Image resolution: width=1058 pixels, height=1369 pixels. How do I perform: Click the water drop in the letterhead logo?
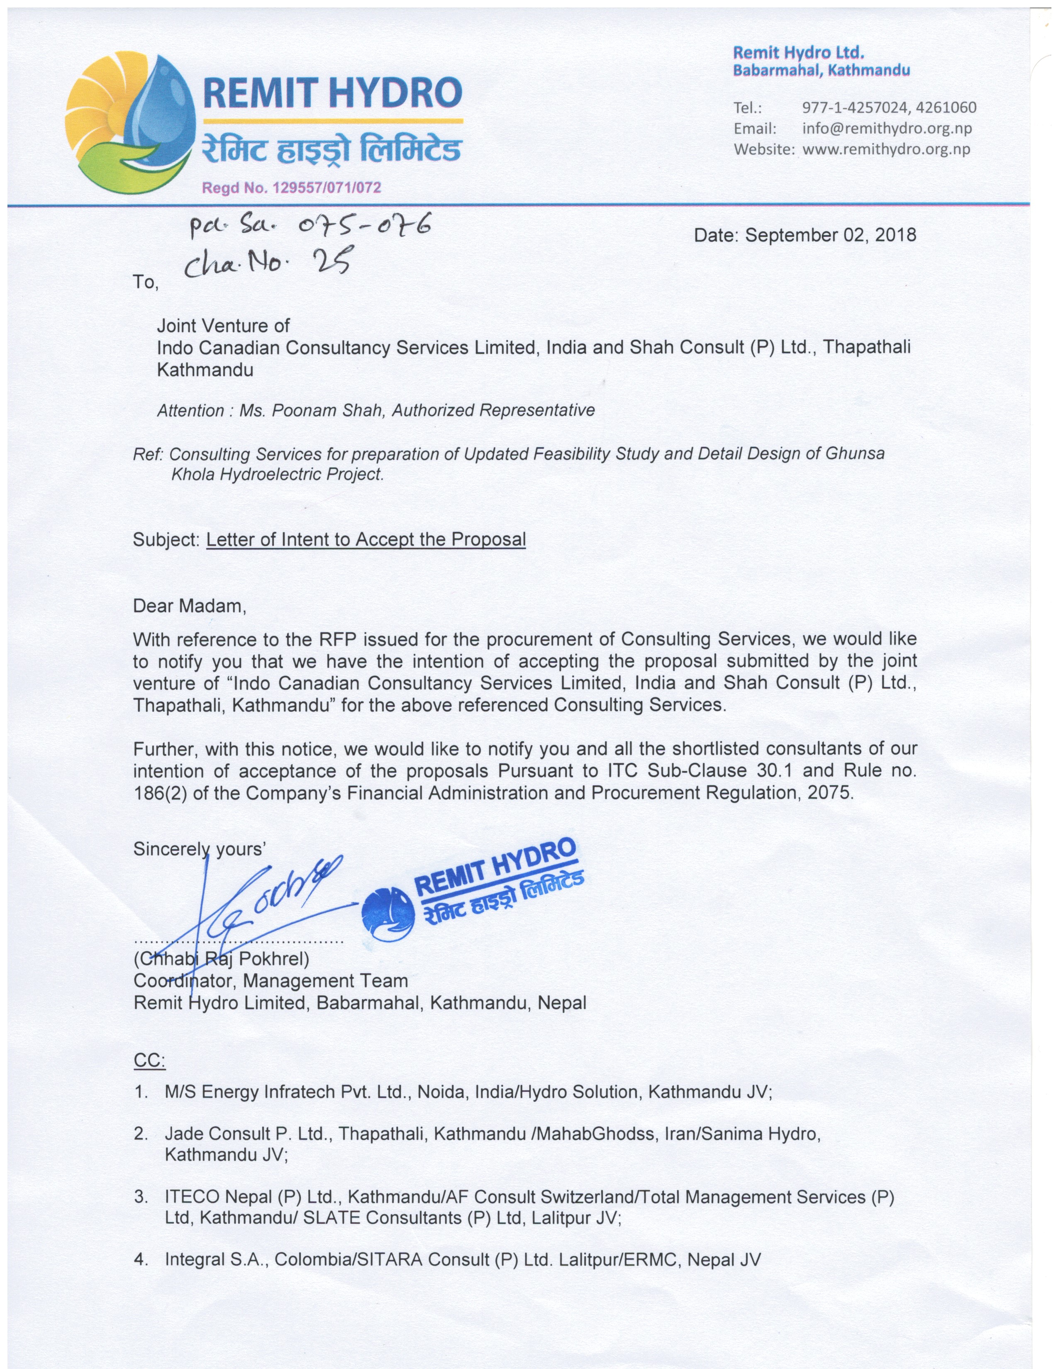click(x=157, y=107)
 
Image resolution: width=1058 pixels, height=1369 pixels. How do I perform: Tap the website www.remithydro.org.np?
click(x=886, y=149)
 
